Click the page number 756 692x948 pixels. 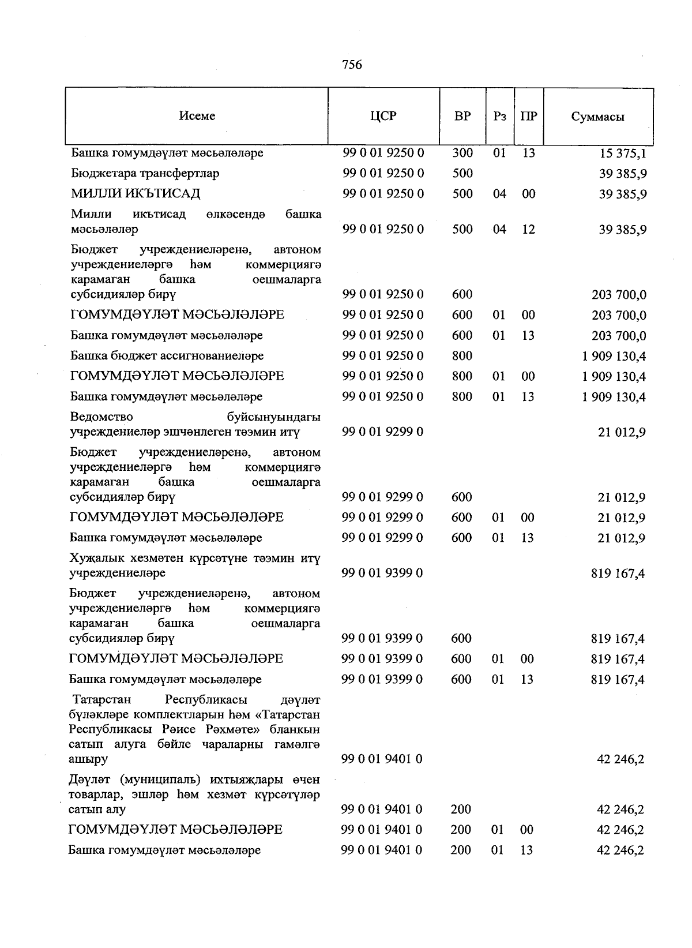coord(352,65)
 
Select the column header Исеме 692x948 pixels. coord(197,116)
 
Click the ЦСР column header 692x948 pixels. coord(383,116)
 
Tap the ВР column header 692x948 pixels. coord(462,116)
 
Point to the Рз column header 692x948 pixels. coord(500,116)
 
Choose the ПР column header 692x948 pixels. coord(528,116)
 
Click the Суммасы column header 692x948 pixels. coord(597,117)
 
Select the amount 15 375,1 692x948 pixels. coord(623,153)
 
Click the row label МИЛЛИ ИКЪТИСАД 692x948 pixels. coord(136,193)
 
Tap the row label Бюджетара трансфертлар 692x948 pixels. coord(145,173)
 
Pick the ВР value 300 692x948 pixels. coord(462,153)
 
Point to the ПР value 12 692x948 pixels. coord(528,229)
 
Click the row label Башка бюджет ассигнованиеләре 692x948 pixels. coord(167,355)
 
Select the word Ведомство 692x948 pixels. coord(101,417)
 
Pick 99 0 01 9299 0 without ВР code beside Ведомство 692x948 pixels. coord(382,432)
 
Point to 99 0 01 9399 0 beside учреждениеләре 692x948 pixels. coord(382,573)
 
